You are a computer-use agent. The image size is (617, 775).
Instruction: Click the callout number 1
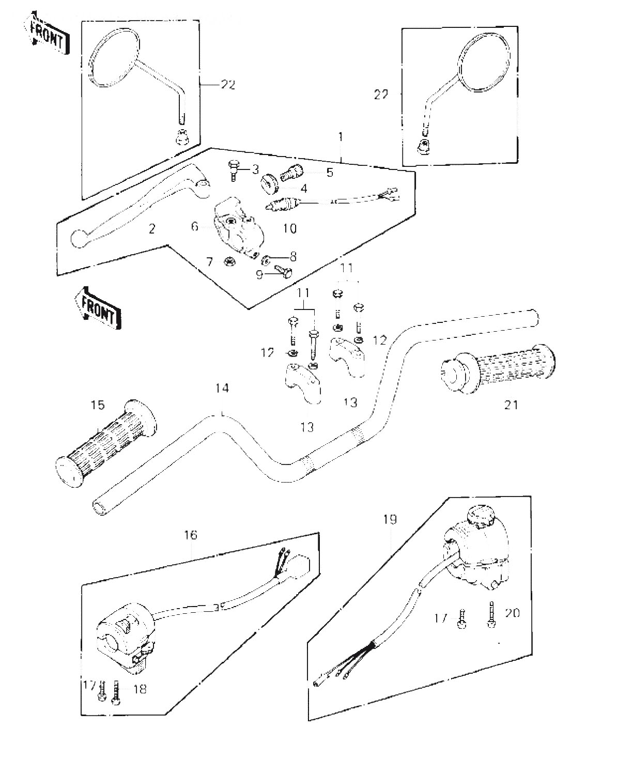340,137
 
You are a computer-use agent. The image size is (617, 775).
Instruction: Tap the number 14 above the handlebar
222,388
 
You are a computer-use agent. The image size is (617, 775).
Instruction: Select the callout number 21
511,405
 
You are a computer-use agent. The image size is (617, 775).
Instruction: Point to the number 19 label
389,519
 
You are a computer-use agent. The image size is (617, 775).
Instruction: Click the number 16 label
191,535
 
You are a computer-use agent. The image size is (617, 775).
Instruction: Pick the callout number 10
289,228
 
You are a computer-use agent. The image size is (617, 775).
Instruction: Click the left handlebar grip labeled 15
106,444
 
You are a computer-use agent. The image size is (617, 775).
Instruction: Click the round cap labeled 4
269,183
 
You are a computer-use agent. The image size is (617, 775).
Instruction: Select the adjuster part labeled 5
292,173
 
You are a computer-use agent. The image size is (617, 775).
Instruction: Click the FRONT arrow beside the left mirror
47,33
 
